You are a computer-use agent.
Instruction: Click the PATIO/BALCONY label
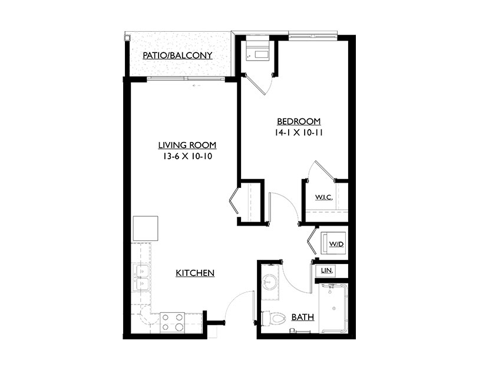177,55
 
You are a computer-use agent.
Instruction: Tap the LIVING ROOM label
187,145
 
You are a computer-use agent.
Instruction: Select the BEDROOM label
299,121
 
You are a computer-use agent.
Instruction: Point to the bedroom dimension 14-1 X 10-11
299,133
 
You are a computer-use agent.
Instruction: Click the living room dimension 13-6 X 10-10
187,157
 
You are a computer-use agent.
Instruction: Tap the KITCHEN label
195,273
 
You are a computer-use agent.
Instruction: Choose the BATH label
303,317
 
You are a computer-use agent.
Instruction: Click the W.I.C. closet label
324,197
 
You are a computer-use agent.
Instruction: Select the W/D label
336,244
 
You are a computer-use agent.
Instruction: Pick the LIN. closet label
327,270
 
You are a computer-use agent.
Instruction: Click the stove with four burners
172,322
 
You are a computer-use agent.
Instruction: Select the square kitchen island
146,228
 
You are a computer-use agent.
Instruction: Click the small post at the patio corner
127,38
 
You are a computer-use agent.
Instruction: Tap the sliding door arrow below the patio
196,86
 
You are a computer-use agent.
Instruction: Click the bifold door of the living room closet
234,201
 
